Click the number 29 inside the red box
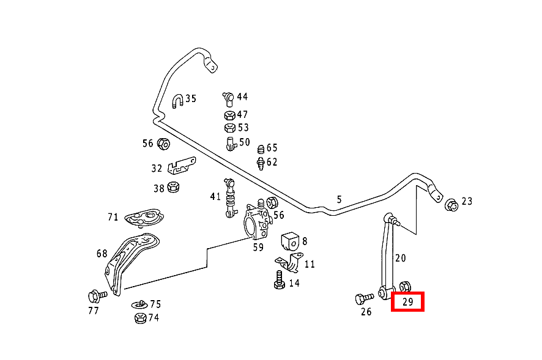407,302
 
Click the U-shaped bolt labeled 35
177,101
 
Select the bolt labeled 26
363,299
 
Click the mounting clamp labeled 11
292,263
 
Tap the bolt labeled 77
96,296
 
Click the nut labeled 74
139,318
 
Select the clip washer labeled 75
139,304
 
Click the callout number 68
102,253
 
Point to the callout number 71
113,217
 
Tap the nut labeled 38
173,187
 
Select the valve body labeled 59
256,222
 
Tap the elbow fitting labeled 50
230,143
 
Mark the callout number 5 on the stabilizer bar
339,199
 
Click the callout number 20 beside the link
400,258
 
